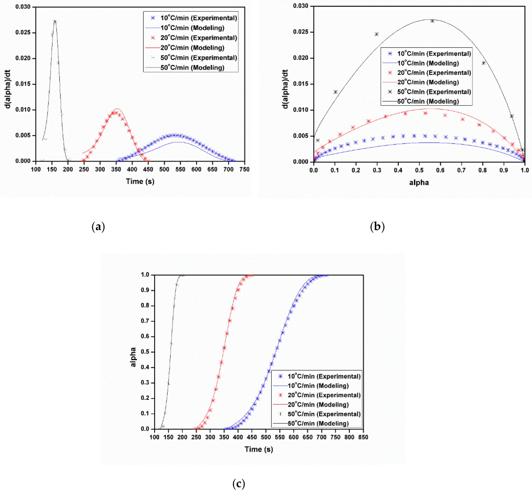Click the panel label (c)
[239, 484]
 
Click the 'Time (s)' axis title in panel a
[140, 182]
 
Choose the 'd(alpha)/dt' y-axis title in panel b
[285, 89]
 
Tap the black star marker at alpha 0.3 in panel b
[377, 34]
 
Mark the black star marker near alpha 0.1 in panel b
[335, 92]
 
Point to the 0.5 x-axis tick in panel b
[419, 170]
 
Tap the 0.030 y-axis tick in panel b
[301, 6]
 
